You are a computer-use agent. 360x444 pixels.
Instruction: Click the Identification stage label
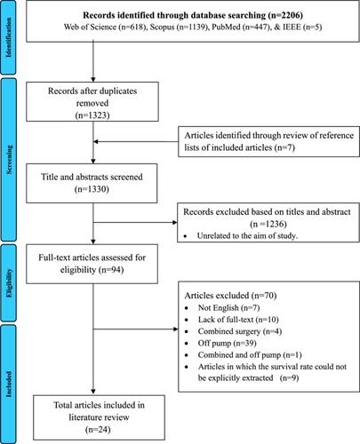tap(9, 37)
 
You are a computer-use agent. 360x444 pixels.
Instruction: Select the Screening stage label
tap(9, 160)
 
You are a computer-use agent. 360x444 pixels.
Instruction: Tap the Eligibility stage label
tap(9, 283)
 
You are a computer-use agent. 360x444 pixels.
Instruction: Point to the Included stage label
tap(9, 384)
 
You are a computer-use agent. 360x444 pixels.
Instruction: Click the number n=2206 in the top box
tap(285, 15)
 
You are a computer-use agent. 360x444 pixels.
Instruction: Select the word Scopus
tap(162, 27)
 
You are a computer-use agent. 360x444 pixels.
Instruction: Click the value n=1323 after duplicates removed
tap(92, 115)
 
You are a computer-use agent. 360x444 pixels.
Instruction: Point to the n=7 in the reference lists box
tap(284, 147)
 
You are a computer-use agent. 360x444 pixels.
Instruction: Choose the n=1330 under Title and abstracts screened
tap(92, 189)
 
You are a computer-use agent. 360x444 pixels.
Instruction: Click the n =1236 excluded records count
tap(268, 224)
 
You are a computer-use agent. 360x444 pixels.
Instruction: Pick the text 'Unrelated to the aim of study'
tap(247, 236)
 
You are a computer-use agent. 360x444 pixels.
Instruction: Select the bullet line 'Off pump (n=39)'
tap(228, 343)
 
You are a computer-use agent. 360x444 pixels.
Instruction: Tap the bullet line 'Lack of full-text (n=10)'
tap(238, 320)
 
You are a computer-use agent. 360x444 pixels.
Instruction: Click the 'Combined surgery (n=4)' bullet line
tap(240, 331)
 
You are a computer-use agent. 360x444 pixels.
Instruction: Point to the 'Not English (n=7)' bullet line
tap(228, 308)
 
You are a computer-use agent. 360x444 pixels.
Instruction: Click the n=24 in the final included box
tap(98, 430)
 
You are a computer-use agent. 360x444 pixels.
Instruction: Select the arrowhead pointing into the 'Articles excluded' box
tap(175, 329)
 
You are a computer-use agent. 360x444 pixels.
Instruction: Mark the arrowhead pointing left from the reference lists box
tap(96, 142)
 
